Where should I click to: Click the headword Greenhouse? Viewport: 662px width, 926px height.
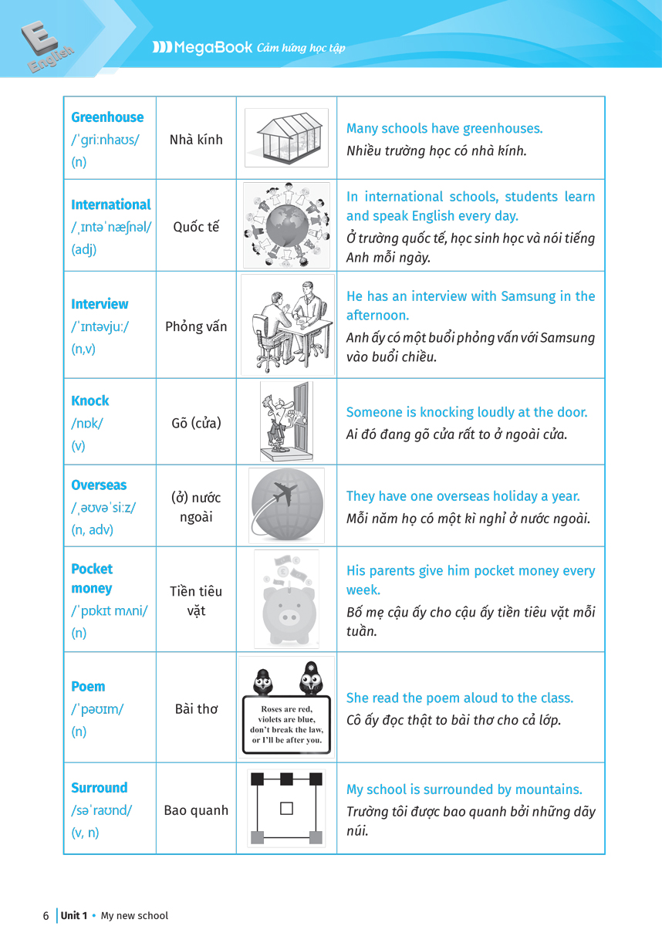tap(107, 117)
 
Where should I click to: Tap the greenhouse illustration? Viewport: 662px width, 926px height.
tap(286, 137)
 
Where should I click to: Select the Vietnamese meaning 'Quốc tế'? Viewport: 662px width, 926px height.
tap(196, 227)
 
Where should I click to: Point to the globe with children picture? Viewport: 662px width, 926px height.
tap(286, 225)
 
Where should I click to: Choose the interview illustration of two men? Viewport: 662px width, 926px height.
tap(287, 325)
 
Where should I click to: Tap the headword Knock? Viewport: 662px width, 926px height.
tap(90, 400)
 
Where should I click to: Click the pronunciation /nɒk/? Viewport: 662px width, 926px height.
tap(86, 423)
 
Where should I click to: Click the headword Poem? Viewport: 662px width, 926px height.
tap(88, 687)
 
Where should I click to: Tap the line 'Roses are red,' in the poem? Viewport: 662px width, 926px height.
tap(286, 709)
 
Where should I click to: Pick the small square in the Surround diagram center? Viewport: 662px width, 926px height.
tap(286, 809)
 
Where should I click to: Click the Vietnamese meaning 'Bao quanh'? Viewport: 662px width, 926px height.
tap(196, 810)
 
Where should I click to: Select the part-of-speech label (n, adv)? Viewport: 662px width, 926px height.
tap(92, 529)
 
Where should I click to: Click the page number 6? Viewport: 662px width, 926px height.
tap(46, 916)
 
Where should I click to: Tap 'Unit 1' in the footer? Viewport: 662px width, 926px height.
tap(74, 916)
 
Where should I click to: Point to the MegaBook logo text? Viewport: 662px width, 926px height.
tap(212, 47)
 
